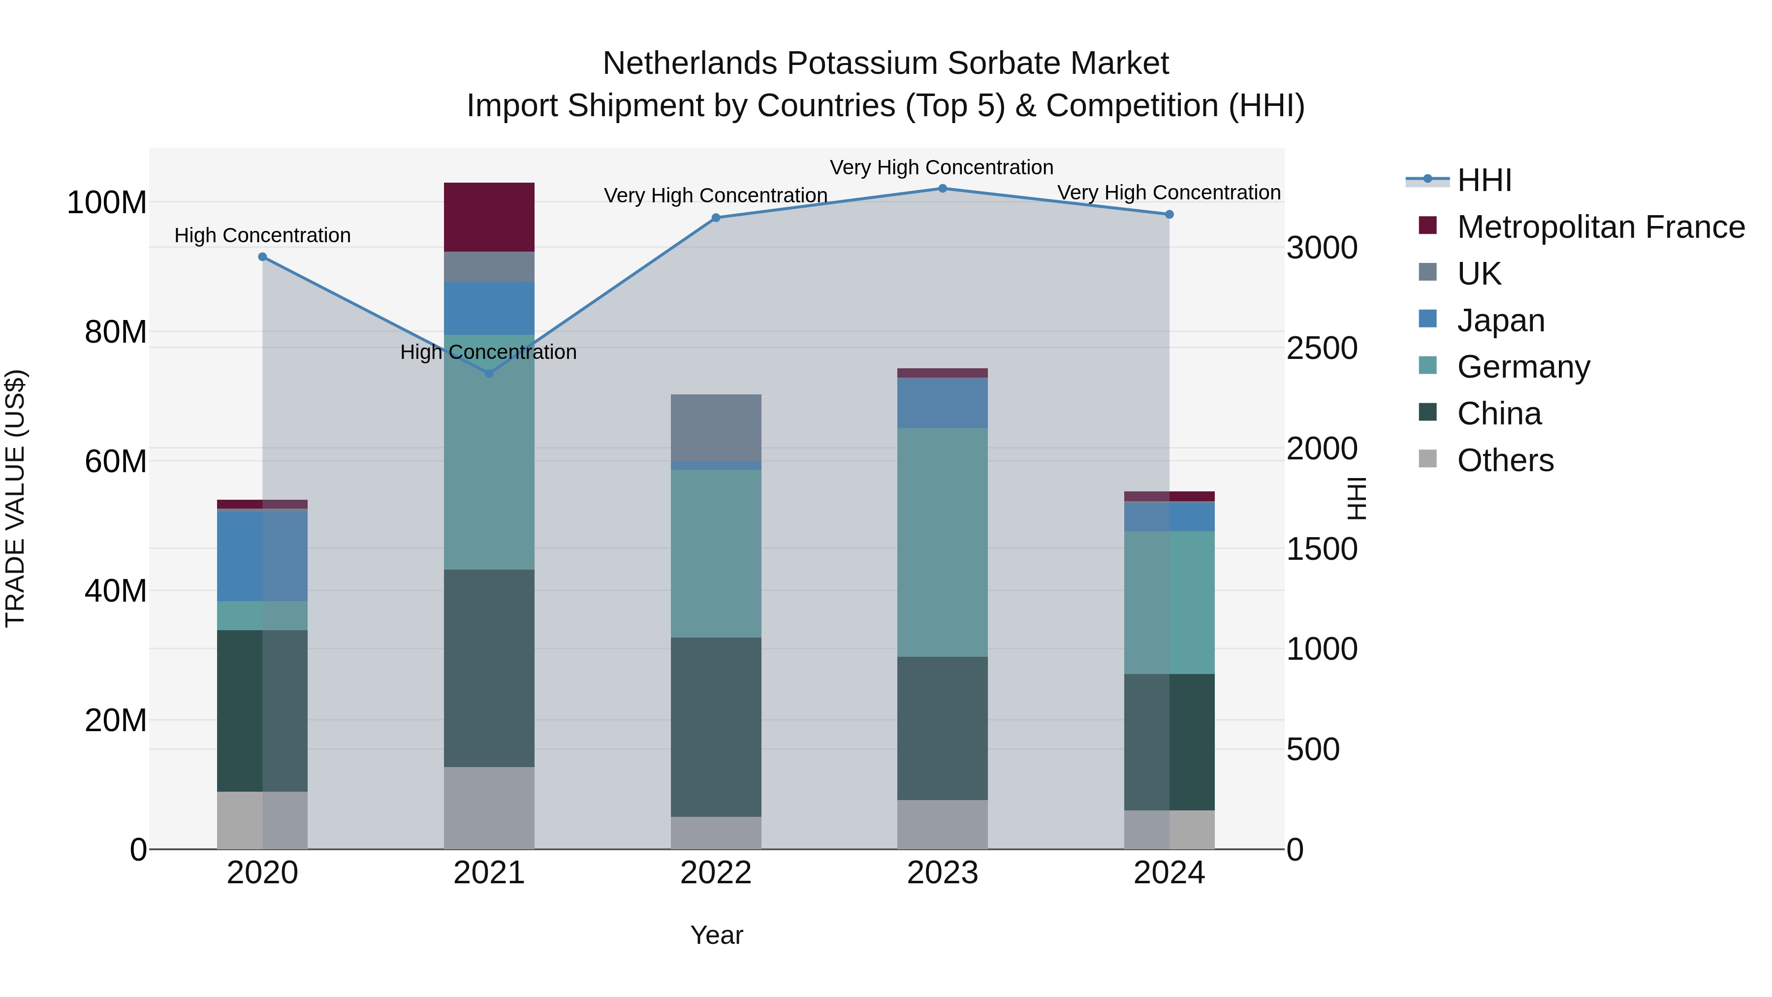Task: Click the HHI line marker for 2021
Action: point(489,374)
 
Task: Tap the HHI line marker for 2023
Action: point(943,189)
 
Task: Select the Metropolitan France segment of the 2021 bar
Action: point(489,217)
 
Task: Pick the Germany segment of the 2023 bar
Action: point(943,542)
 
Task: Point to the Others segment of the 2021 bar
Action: point(489,808)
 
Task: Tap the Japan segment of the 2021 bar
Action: point(489,308)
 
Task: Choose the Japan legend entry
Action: point(1500,321)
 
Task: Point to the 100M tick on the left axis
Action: point(107,203)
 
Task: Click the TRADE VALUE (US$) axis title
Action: point(15,498)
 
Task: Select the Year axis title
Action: point(716,935)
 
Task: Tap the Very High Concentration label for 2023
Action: point(941,167)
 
